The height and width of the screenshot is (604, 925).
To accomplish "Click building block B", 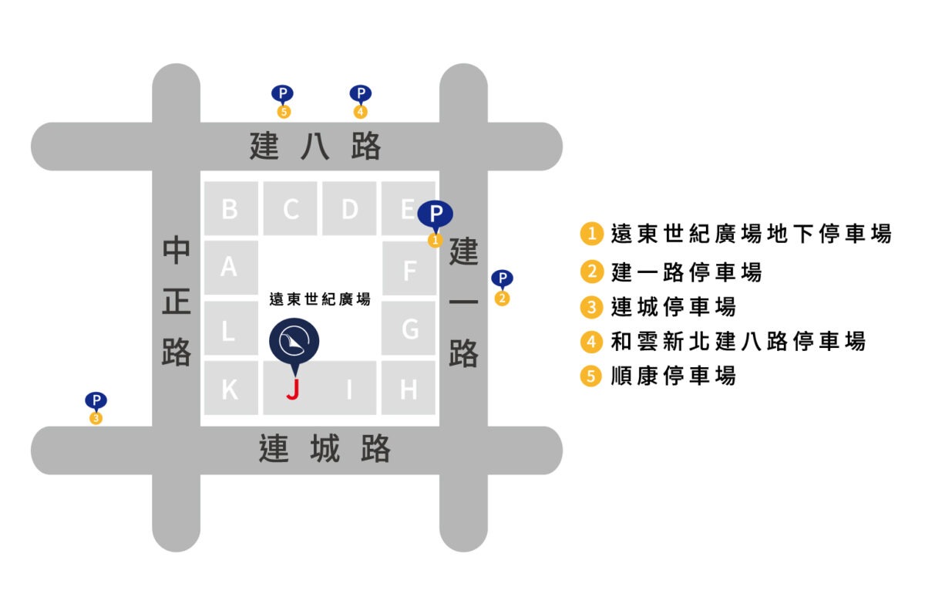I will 230,208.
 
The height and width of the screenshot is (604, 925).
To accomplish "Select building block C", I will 290,208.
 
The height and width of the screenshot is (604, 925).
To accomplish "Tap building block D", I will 349,208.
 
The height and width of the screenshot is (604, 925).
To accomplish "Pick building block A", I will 230,267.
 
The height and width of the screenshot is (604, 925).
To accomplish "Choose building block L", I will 230,330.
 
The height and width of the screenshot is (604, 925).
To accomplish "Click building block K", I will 230,389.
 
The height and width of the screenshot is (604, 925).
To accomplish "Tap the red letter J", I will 292,389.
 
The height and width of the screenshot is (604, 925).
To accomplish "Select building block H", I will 409,389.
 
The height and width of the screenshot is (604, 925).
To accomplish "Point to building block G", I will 409,329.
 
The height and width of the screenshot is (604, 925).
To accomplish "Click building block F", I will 409,269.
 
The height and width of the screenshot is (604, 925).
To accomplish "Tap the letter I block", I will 349,389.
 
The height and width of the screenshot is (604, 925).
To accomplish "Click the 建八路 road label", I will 315,146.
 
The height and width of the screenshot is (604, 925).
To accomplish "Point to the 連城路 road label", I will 325,449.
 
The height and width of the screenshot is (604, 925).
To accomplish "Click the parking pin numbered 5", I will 283,96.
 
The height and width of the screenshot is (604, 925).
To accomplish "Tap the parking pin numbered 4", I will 360,96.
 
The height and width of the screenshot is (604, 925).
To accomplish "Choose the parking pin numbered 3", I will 96,403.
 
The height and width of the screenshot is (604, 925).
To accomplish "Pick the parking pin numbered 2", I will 502,281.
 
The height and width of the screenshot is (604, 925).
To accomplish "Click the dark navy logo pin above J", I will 294,340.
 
